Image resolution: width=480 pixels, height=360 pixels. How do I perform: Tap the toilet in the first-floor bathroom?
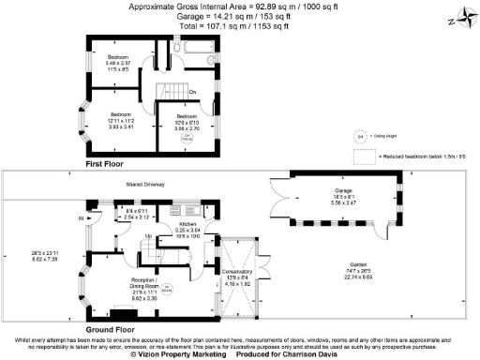pos(176,48)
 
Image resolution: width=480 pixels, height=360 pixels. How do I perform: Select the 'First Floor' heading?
pos(106,164)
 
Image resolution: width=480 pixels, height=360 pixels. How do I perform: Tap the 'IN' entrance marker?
pos(82,218)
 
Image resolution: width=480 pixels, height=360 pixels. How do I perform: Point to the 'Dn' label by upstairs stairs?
pos(192,92)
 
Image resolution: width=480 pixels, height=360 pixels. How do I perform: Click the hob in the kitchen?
pos(189,208)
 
